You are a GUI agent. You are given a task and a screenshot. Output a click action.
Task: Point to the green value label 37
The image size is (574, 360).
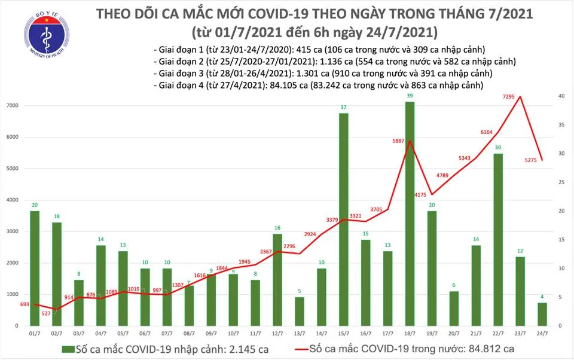point(344,108)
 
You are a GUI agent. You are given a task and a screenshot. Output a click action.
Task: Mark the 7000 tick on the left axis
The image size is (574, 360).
point(13,106)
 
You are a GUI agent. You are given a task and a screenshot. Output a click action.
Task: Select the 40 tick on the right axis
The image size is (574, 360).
point(561,96)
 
